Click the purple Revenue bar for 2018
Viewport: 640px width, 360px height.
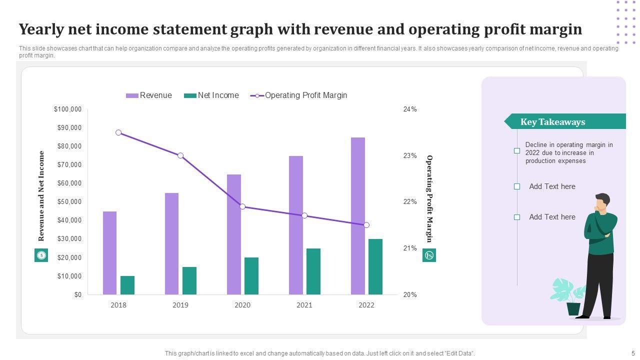coord(109,253)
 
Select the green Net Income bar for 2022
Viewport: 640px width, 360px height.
coord(375,267)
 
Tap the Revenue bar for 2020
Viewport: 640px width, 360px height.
coord(234,234)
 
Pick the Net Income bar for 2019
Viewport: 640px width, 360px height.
coord(189,281)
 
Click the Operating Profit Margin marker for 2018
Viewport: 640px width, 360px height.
coord(118,132)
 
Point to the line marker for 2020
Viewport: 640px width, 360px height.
coord(242,206)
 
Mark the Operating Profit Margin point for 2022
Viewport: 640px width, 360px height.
coord(366,225)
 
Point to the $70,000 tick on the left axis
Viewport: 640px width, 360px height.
coord(67,165)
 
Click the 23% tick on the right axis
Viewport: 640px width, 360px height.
coord(410,156)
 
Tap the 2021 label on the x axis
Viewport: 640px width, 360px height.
coord(304,305)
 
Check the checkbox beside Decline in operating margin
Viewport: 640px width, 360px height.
coord(517,150)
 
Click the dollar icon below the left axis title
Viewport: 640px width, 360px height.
coord(41,255)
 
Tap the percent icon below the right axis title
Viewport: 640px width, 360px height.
coord(429,255)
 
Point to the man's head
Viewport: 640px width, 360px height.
coord(602,201)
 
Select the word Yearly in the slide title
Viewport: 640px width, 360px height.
coord(43,29)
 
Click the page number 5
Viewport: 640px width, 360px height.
coord(633,353)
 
